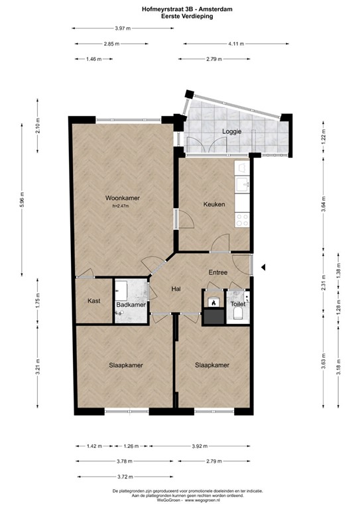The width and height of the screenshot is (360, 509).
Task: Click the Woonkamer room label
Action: coord(123,198)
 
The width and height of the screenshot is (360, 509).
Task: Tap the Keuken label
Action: coord(214,204)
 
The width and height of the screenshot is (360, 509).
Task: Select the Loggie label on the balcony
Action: coord(232,132)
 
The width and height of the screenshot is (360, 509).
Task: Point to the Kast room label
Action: coord(94,301)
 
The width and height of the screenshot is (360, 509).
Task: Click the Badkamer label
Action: coord(131,305)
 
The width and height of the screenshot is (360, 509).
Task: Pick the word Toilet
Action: coord(237,304)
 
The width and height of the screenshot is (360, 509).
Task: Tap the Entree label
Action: coord(218,272)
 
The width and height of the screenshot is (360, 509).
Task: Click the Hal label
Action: coord(176,289)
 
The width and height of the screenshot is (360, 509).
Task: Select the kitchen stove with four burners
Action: coord(242,219)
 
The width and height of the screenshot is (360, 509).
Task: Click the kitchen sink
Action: coord(242,184)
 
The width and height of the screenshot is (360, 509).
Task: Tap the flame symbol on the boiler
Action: coord(213,302)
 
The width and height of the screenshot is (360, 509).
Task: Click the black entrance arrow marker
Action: coord(264,267)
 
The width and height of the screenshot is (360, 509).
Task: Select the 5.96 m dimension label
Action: coord(22,199)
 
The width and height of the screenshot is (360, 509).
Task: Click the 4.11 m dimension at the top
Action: coord(236,44)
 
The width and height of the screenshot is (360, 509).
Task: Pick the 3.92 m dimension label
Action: coord(200,446)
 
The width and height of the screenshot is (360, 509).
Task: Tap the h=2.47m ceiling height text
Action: coord(121,206)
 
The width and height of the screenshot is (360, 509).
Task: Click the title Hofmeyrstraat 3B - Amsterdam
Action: coord(187,9)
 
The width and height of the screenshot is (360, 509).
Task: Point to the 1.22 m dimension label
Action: coord(323,137)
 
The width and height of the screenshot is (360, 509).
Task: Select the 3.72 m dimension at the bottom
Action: coord(125,477)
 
